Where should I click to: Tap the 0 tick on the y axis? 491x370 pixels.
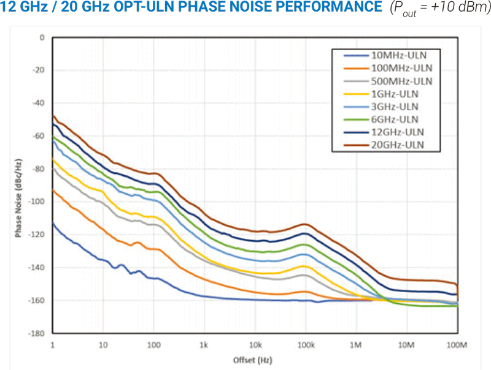(x=42, y=37)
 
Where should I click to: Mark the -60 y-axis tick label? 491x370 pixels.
(x=39, y=136)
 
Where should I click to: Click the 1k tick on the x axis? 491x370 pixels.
(x=204, y=345)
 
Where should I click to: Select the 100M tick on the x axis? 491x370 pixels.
(x=457, y=345)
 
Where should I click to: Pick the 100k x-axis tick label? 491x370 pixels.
(x=305, y=345)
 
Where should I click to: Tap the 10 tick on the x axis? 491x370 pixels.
(x=103, y=345)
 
